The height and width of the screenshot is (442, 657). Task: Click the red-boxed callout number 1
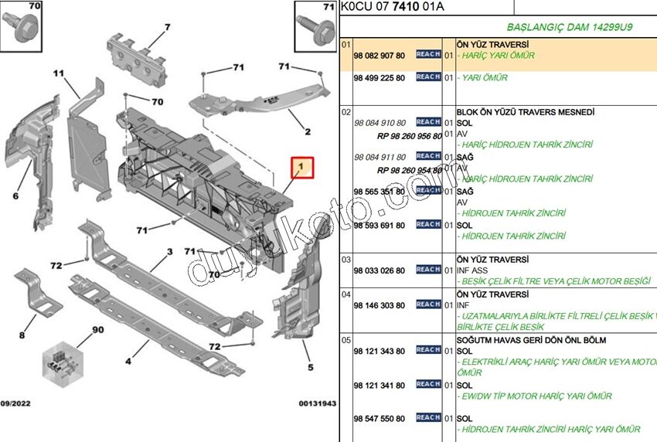[x=301, y=167]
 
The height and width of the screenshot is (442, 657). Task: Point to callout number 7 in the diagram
[x=166, y=28]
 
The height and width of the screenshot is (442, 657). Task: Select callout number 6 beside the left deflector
[x=15, y=195]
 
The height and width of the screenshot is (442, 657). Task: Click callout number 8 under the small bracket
[x=22, y=335]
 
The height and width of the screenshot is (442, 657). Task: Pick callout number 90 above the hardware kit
[x=97, y=330]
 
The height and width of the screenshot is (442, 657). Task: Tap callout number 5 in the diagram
[x=311, y=367]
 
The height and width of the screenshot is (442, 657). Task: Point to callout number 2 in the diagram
[x=307, y=131]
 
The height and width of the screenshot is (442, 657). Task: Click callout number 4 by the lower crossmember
[x=126, y=361]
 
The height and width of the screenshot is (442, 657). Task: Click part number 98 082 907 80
[x=379, y=56]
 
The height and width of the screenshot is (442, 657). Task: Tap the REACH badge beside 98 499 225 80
[x=428, y=77]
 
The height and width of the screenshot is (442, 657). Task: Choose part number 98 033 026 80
[x=379, y=270]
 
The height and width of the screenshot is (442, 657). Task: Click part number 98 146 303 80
[x=379, y=305]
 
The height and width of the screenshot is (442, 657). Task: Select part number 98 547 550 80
[x=379, y=419]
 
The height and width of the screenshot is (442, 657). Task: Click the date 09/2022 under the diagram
[x=17, y=403]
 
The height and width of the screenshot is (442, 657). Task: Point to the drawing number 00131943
[x=318, y=403]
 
